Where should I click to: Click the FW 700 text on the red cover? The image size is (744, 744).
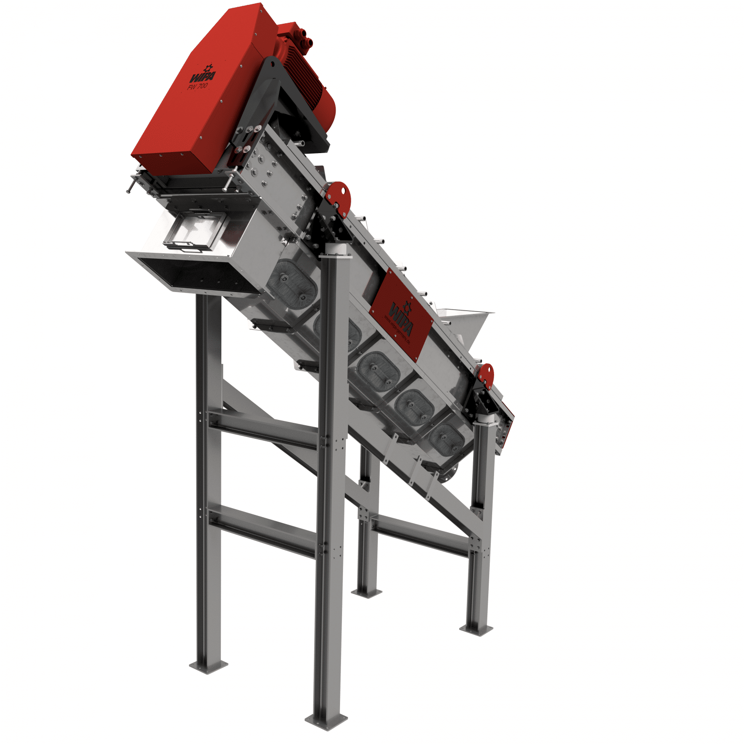[198, 86]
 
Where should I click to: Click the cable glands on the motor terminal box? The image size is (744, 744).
[304, 39]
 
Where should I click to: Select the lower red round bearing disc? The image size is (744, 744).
[485, 376]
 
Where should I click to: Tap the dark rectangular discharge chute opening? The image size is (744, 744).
[194, 275]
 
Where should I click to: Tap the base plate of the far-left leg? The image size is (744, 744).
[208, 666]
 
